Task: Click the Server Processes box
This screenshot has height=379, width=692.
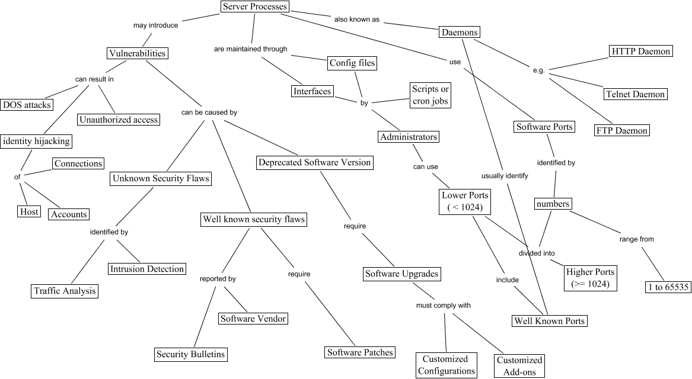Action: pyautogui.click(x=254, y=7)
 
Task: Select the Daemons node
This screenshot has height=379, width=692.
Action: pyautogui.click(x=459, y=32)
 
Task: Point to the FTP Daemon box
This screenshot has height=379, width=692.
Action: pyautogui.click(x=623, y=130)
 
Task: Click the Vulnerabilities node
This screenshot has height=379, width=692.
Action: pyautogui.click(x=137, y=53)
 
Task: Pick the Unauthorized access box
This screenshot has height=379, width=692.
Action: pyautogui.click(x=119, y=120)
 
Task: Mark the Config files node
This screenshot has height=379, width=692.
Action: pyautogui.click(x=352, y=63)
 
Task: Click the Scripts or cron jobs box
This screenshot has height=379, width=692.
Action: pyautogui.click(x=430, y=95)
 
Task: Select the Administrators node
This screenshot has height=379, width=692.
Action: pyautogui.click(x=409, y=137)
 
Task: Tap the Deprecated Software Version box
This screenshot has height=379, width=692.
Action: pyautogui.click(x=315, y=162)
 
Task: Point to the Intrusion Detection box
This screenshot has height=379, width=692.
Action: pyautogui.click(x=147, y=269)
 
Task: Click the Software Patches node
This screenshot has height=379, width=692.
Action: pyautogui.click(x=360, y=352)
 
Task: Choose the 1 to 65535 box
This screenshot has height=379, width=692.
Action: pyautogui.click(x=667, y=287)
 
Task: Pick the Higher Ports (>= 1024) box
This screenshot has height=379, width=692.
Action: pyautogui.click(x=591, y=278)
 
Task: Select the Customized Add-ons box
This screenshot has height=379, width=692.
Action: pyautogui.click(x=519, y=365)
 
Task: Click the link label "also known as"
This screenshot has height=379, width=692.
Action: pyautogui.click(x=356, y=20)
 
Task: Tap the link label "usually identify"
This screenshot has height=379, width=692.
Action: pyautogui.click(x=505, y=176)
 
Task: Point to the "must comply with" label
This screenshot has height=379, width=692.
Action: pyautogui.click(x=444, y=306)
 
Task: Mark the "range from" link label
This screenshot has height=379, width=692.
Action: pyautogui.click(x=636, y=239)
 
